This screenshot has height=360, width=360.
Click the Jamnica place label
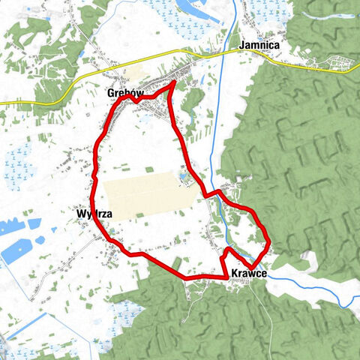click(259, 46)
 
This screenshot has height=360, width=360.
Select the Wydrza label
click(94, 214)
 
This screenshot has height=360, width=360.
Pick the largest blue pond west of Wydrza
click(16, 249)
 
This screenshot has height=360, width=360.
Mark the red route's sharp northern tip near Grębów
click(174, 82)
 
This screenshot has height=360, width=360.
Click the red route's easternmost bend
click(268, 241)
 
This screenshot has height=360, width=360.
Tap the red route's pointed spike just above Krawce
click(226, 249)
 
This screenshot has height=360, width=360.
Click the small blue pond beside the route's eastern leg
click(182, 177)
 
